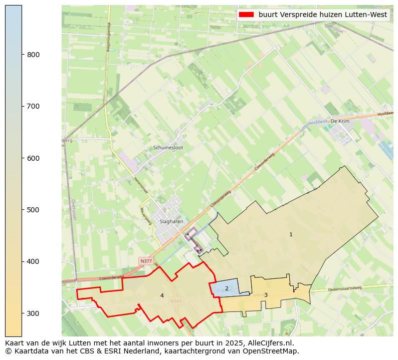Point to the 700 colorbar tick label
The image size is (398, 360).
(34, 106)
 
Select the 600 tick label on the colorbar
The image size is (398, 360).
(34, 158)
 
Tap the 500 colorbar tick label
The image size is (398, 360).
(34, 210)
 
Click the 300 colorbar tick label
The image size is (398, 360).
(34, 313)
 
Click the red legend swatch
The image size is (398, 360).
(246, 15)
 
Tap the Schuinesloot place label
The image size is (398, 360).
(168, 148)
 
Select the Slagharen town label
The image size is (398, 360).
(171, 221)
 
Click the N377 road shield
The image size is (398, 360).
(146, 261)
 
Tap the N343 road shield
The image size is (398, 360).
(175, 301)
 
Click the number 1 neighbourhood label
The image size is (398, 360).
(291, 234)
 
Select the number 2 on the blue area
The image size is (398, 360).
(227, 288)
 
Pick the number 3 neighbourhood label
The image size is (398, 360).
(266, 295)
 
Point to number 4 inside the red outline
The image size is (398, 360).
(162, 295)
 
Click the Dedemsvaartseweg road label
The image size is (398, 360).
(345, 289)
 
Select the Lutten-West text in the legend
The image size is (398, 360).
(364, 15)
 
